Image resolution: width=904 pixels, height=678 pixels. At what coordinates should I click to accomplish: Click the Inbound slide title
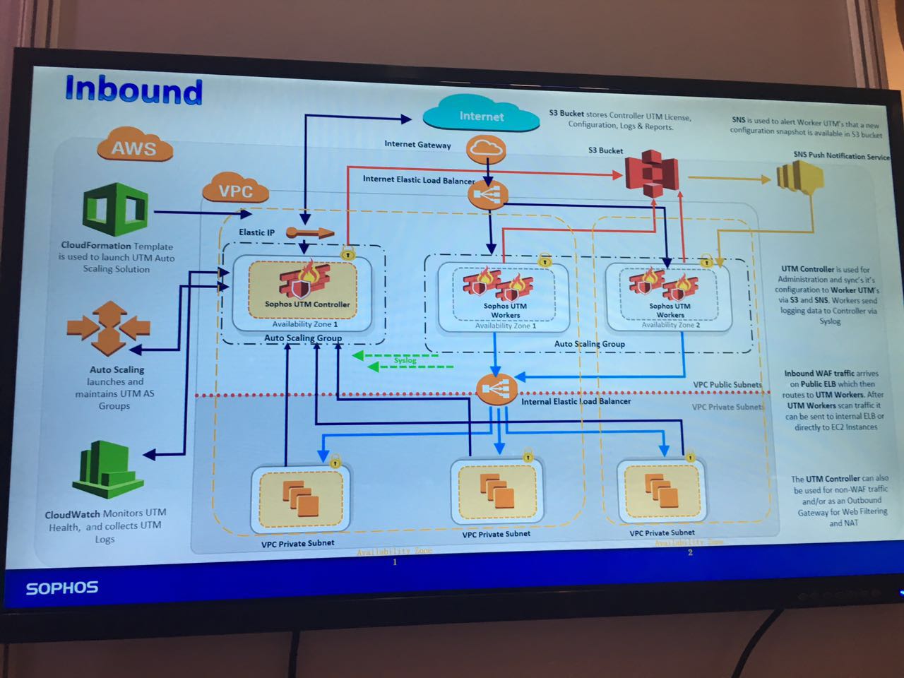pos(133,90)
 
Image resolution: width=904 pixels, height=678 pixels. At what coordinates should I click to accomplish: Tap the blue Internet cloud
pos(482,115)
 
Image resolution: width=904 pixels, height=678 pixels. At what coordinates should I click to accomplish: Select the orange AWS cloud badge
pos(133,148)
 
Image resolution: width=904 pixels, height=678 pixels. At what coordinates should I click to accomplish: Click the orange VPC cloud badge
pos(235,189)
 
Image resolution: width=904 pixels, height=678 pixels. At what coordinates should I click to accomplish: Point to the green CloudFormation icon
pos(115,210)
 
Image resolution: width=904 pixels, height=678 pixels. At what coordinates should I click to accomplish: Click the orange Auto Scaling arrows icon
pos(108,328)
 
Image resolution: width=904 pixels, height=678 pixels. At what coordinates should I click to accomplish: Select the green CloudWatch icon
pos(107,469)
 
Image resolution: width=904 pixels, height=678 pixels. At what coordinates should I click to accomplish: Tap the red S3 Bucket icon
pos(652,172)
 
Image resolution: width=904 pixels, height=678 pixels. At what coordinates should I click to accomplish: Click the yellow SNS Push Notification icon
pos(799,176)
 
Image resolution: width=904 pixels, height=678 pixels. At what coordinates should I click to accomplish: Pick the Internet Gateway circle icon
pos(486,148)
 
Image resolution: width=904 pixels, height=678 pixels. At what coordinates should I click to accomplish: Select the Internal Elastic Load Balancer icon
pos(496,388)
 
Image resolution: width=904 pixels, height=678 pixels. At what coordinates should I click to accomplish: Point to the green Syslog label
pos(405,360)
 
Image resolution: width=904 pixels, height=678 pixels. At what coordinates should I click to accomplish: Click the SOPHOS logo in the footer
pos(62,588)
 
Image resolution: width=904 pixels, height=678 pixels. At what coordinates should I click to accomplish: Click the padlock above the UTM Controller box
pos(347,252)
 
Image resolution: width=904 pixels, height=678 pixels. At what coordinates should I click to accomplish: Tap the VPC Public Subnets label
pos(727,385)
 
